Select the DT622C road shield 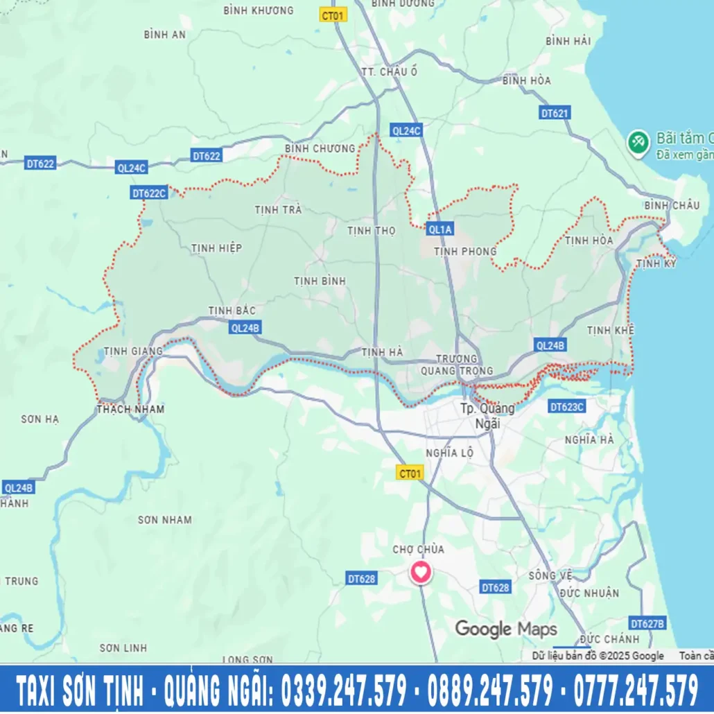149,193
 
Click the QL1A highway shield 439,229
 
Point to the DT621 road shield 555,113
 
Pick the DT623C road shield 566,407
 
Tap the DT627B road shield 647,623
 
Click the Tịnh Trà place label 278,209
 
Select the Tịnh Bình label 320,281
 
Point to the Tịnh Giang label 132,351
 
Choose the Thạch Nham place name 131,409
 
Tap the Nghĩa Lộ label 450,453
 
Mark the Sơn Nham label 164,520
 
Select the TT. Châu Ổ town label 390,72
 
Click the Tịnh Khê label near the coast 610,330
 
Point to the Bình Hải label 568,41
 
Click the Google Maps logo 506,629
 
